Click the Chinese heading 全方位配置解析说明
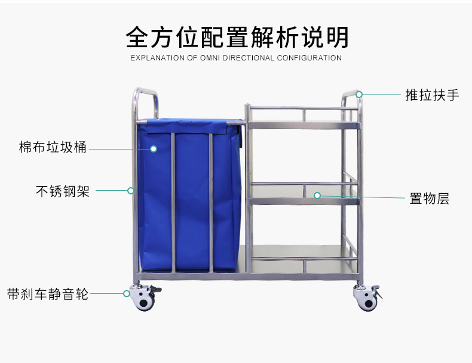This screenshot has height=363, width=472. point(237,37)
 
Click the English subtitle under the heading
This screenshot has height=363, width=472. point(237,58)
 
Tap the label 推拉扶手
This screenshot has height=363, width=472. point(431,95)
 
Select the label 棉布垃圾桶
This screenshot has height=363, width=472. point(53,147)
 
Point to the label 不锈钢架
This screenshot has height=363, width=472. point(63,191)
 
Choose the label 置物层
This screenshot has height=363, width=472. point(429,199)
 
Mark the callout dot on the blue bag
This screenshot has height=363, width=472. point(153,148)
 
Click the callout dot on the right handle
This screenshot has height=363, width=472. point(359,94)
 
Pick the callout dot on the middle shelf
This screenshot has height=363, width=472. point(317,195)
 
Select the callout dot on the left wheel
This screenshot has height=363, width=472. point(127,293)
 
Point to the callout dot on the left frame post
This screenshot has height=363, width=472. point(131,191)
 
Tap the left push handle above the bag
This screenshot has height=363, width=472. point(145,102)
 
